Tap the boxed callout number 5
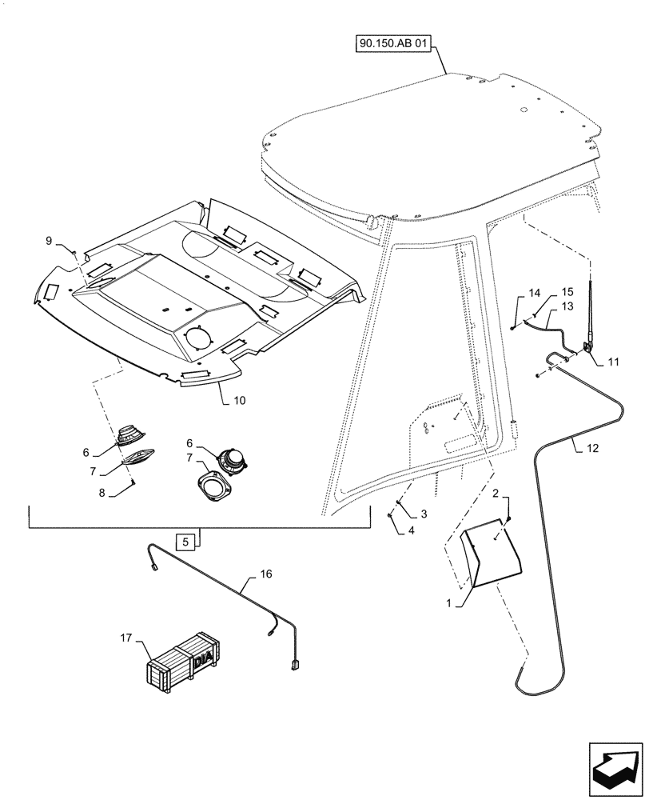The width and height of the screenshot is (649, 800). tap(185, 542)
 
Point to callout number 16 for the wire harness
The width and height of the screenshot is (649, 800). tap(265, 574)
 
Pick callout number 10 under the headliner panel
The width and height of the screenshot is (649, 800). tap(239, 399)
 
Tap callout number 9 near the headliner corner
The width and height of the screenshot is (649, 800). tap(49, 240)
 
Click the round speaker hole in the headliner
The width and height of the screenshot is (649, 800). tap(197, 338)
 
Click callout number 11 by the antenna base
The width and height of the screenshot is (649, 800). tap(612, 362)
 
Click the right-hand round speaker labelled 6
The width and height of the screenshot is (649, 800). tap(231, 460)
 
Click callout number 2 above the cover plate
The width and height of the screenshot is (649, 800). tap(495, 495)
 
